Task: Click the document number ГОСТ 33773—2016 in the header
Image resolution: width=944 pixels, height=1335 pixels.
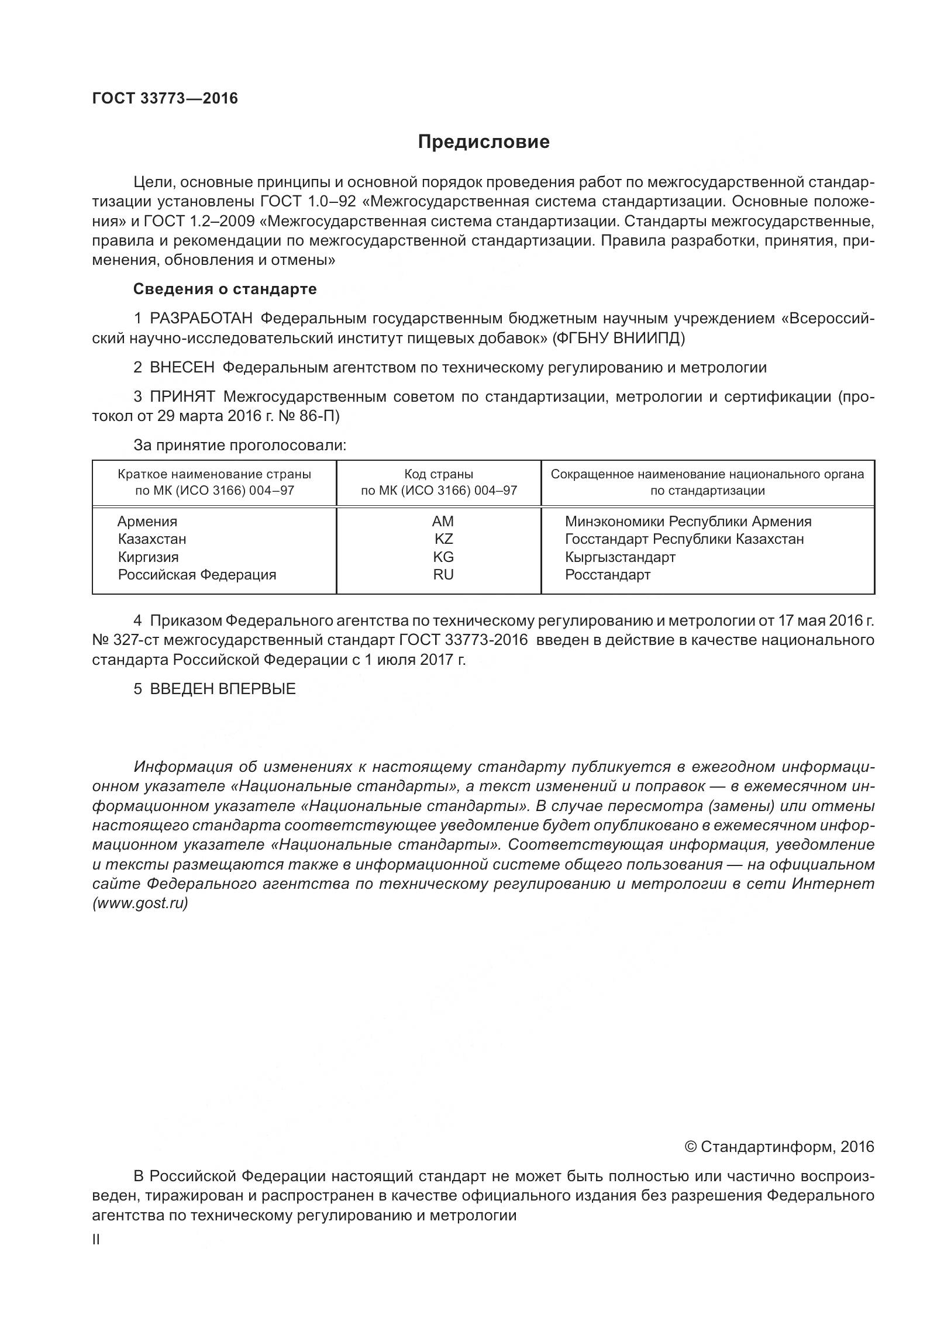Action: tap(165, 98)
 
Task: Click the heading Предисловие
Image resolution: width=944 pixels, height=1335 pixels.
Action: tap(483, 142)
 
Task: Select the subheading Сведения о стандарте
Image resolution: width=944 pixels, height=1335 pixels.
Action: tap(225, 289)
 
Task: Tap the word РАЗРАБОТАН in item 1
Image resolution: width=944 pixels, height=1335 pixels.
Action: tap(201, 318)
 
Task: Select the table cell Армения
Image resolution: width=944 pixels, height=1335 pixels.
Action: tap(147, 521)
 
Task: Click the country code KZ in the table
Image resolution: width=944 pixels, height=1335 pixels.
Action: tap(443, 539)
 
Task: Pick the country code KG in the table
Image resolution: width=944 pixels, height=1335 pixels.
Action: tap(443, 557)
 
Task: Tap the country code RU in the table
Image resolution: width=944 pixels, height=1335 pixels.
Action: tap(443, 574)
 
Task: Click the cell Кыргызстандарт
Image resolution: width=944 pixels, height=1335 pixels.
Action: tap(620, 557)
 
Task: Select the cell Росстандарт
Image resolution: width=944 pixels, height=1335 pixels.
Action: tap(607, 574)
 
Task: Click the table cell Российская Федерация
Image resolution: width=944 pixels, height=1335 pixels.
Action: tap(197, 574)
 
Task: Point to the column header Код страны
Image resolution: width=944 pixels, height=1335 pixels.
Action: tap(439, 474)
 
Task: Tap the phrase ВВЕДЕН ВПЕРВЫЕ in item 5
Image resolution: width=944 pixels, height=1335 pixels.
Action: tap(222, 689)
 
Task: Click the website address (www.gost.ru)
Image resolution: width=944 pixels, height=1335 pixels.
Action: tap(140, 903)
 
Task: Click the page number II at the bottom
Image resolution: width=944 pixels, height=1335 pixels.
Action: tap(97, 1238)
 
